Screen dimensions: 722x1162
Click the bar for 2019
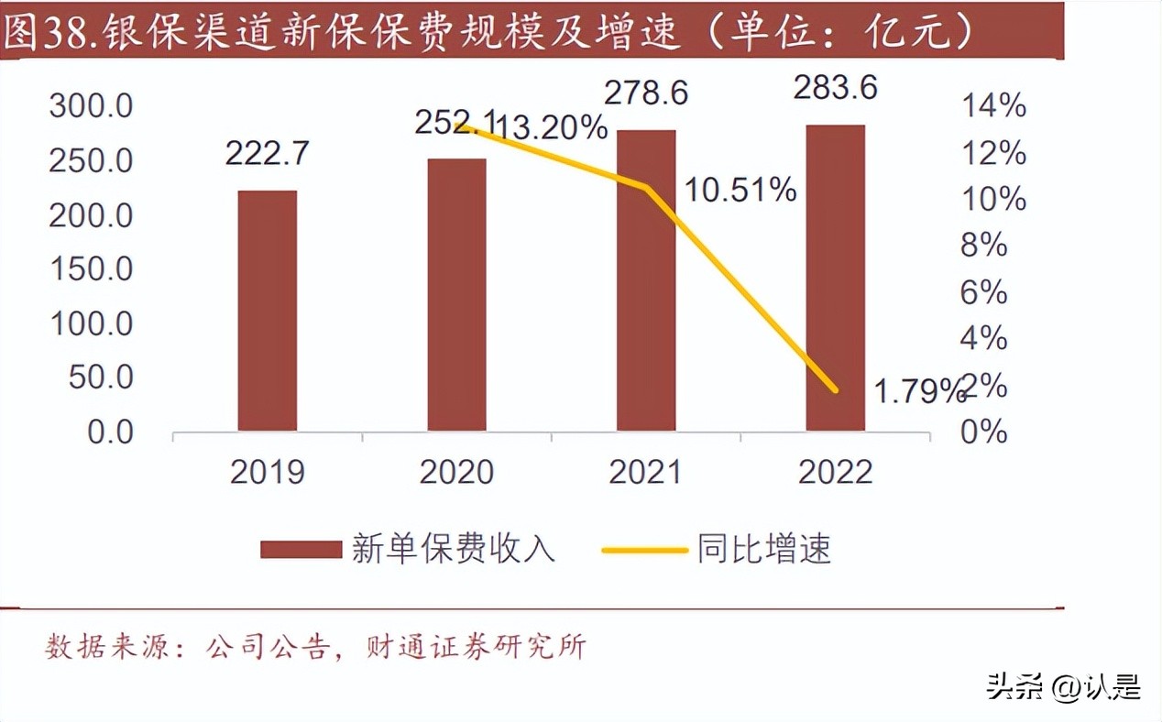point(268,311)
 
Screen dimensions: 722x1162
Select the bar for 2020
point(456,295)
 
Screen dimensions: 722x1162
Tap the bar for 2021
point(646,280)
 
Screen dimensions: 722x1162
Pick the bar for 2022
point(835,278)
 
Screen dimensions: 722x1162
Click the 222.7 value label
point(268,153)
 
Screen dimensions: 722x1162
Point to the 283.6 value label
point(835,89)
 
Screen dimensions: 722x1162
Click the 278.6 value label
point(646,93)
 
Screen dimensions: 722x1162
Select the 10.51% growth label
point(740,191)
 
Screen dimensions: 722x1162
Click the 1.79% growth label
point(916,392)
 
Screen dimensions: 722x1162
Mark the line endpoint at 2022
point(835,389)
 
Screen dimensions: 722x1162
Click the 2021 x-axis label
point(646,472)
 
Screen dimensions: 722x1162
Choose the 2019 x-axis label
point(268,472)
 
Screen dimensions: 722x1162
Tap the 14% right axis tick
point(992,106)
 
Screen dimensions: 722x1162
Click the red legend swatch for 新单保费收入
point(301,550)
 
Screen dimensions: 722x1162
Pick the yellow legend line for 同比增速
point(644,550)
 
